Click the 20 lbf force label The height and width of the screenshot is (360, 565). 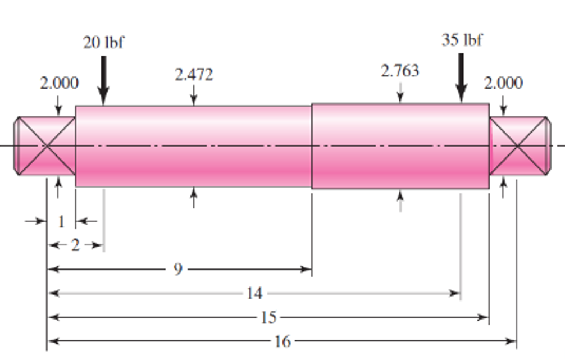(103, 43)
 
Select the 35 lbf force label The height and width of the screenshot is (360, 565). (462, 40)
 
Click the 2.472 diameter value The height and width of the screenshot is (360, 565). (194, 75)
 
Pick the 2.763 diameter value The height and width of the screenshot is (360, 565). (400, 71)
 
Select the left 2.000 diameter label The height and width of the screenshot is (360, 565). (59, 83)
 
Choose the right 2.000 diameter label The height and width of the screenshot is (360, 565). (503, 83)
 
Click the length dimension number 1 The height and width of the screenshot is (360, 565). (61, 221)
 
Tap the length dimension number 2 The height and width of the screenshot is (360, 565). (75, 245)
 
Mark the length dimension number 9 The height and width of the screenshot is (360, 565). (178, 270)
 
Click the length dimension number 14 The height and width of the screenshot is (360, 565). (254, 293)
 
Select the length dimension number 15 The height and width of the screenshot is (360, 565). (268, 317)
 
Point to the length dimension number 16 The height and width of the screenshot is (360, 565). (283, 341)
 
